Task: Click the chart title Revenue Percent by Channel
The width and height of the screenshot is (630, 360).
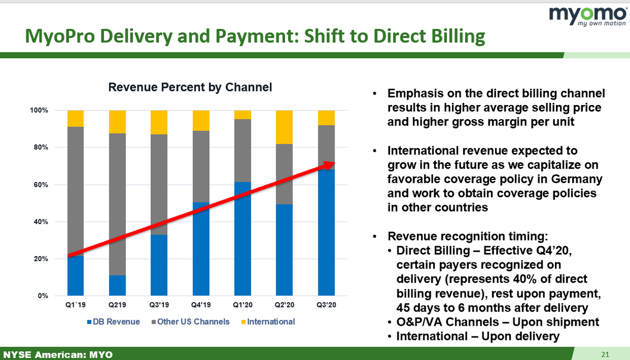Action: [x=190, y=88]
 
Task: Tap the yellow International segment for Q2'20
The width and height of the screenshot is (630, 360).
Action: [x=285, y=127]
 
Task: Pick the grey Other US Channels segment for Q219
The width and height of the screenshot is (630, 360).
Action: [x=117, y=204]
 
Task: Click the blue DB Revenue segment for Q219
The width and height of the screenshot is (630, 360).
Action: [x=117, y=285]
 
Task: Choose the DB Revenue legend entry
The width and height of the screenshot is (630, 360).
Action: [x=116, y=321]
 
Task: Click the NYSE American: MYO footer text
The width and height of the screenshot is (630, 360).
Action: [x=58, y=355]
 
